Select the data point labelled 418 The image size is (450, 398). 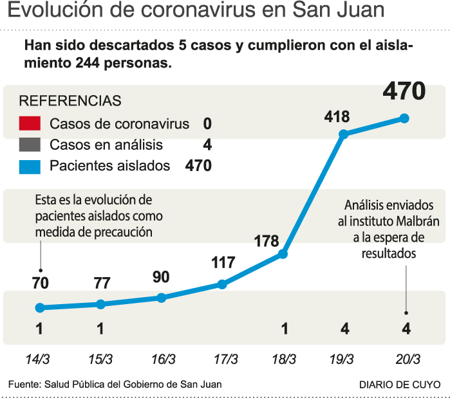click(344, 134)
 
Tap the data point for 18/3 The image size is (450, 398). click(283, 254)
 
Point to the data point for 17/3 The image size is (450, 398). click(222, 284)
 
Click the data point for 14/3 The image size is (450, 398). click(40, 307)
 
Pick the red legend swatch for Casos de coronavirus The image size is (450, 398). click(30, 123)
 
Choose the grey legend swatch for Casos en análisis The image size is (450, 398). click(30, 145)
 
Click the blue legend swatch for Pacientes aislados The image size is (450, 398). click(30, 166)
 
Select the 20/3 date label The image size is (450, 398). click(406, 358)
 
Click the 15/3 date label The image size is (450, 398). click(100, 358)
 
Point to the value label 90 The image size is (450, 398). click(162, 277)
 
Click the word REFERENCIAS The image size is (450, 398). click(70, 102)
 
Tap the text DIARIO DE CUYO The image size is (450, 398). click(400, 384)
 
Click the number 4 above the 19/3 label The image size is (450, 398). click(344, 329)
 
